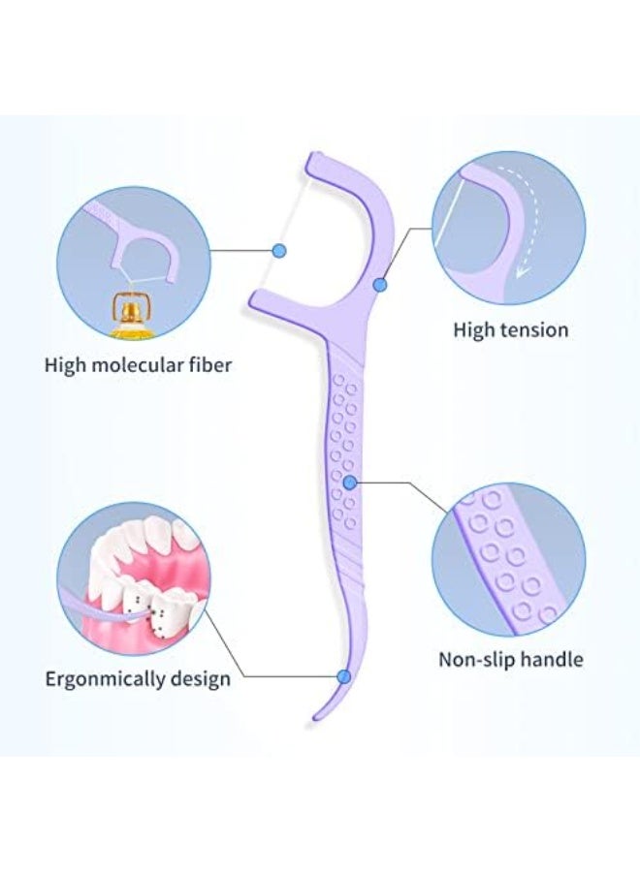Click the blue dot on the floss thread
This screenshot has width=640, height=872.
279,251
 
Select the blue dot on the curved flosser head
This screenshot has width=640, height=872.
379,285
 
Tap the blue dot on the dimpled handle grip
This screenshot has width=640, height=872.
349,483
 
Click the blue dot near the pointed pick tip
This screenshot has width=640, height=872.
344,677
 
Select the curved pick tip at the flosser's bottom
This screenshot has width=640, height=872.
316,717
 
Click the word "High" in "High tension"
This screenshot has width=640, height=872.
473,329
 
